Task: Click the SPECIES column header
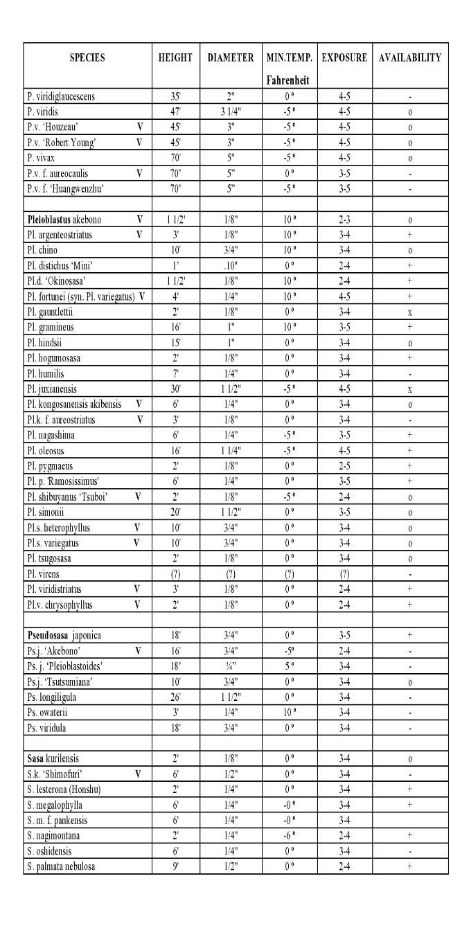click(x=87, y=58)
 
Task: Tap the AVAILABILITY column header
click(x=409, y=58)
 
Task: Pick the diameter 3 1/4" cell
click(x=230, y=109)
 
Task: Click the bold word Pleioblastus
click(x=46, y=220)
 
